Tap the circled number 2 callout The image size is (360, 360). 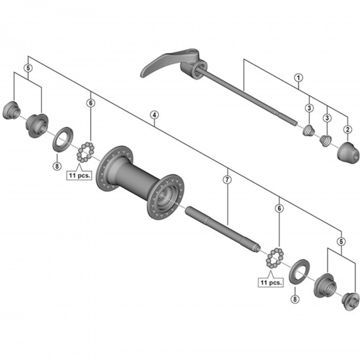coord(348,130)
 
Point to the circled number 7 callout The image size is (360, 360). coord(227,179)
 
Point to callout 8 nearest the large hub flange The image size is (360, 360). coord(57,166)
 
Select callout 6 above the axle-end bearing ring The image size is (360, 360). coord(279,208)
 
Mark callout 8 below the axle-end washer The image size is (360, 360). coord(294,299)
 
